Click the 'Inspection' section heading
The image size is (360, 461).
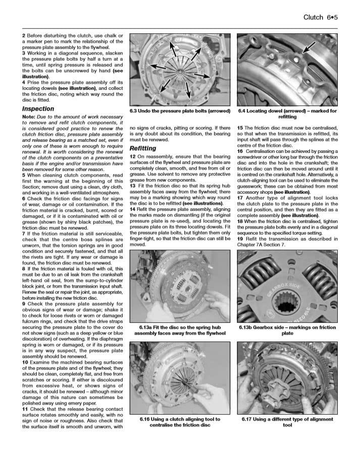click(x=38, y=109)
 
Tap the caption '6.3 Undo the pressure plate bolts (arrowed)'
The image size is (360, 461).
click(x=180, y=111)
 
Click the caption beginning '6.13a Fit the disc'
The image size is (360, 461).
click(x=180, y=330)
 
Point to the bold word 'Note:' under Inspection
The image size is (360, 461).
click(x=29, y=117)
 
